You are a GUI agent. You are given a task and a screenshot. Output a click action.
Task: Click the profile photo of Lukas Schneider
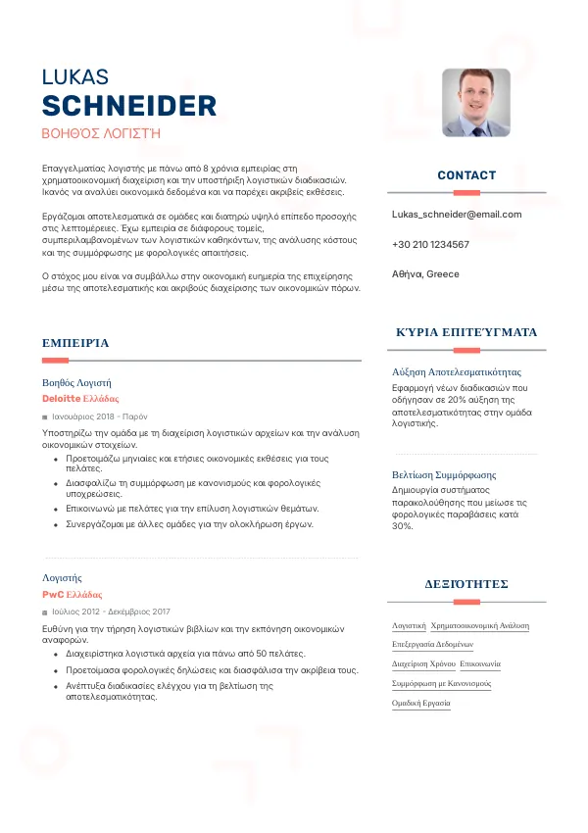click(476, 102)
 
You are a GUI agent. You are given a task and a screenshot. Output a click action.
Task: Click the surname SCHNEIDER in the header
click(129, 106)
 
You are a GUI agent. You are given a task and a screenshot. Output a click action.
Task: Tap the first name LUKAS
click(75, 77)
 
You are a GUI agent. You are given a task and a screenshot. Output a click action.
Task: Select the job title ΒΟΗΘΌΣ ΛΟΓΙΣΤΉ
click(101, 131)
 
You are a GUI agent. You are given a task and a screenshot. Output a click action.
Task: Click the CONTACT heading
click(466, 175)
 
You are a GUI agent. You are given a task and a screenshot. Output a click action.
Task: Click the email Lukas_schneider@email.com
click(457, 214)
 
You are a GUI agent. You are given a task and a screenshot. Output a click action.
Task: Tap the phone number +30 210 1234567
click(430, 244)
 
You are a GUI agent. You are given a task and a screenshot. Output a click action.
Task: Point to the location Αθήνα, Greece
click(425, 274)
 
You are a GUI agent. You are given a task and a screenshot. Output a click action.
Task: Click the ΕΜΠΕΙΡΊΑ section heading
click(75, 343)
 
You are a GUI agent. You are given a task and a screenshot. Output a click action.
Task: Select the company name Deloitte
click(62, 399)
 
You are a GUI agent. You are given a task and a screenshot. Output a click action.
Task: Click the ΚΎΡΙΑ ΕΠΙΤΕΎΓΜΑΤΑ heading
click(466, 332)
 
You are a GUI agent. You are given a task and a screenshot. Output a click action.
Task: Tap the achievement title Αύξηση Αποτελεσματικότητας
click(456, 372)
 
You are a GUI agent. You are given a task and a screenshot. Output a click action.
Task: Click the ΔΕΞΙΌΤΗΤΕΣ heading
click(466, 584)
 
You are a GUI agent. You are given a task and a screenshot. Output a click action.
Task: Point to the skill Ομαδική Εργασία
click(420, 703)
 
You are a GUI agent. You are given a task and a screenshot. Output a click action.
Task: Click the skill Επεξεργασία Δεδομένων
click(432, 644)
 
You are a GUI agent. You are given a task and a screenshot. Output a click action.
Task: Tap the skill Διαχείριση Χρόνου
click(423, 663)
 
